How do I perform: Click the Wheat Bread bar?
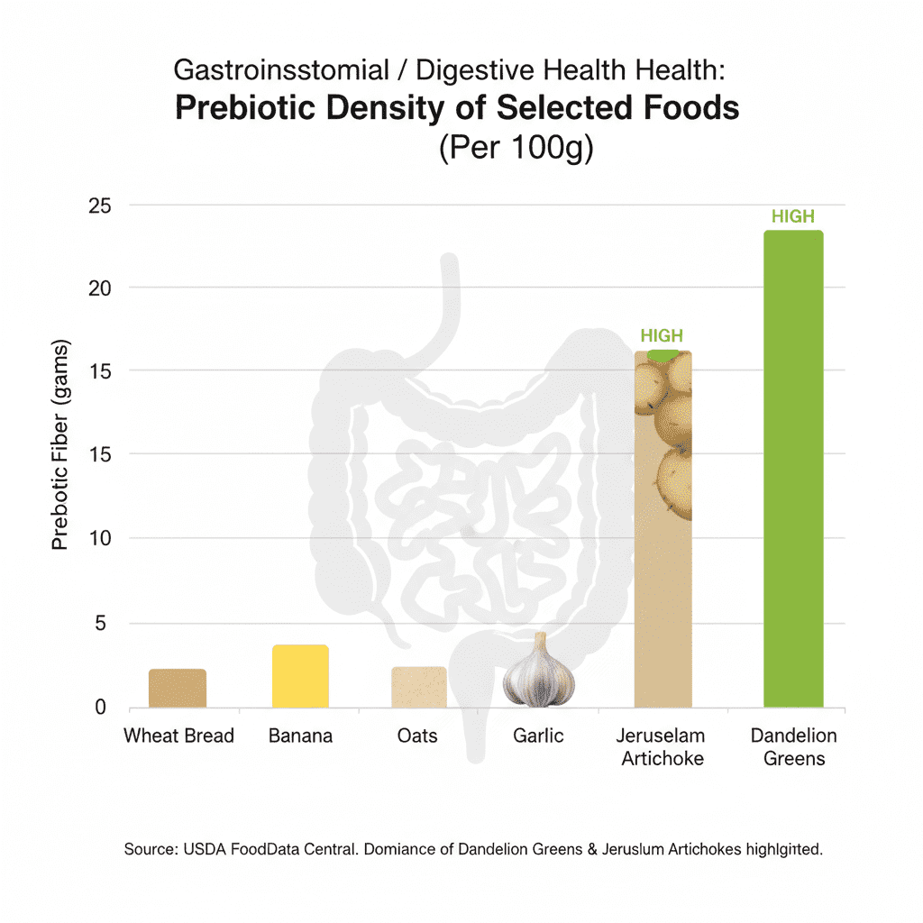pos(178,688)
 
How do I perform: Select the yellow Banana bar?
pos(300,676)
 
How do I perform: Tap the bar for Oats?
pos(419,687)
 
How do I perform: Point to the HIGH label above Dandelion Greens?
pos(793,216)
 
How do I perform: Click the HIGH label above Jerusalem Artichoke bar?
pos(662,336)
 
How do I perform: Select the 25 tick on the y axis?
pos(99,206)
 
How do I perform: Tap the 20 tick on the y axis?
pos(99,288)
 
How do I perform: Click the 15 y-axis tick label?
pos(99,371)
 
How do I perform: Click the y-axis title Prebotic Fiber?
pos(60,446)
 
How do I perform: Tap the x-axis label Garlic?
pos(538,736)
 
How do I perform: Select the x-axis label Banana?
pos(300,736)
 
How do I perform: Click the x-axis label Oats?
pos(417,736)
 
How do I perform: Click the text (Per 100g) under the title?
pos(516,149)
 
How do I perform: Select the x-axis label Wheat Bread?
pos(178,736)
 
